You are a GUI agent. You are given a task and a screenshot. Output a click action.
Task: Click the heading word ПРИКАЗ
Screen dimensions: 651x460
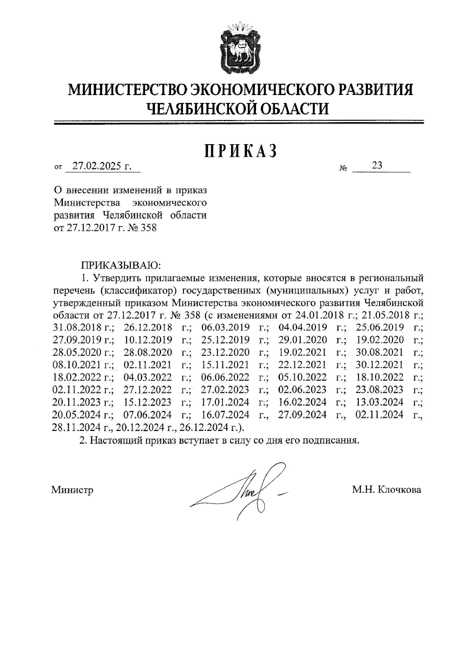click(240, 151)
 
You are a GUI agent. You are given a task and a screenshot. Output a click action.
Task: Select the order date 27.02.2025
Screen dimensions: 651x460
click(97, 166)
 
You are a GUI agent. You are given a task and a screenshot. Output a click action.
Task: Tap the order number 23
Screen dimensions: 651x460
click(377, 165)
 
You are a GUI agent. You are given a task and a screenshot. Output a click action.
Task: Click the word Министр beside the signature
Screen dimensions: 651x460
click(72, 490)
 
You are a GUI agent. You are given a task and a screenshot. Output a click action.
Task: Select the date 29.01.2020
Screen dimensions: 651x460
click(303, 340)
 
